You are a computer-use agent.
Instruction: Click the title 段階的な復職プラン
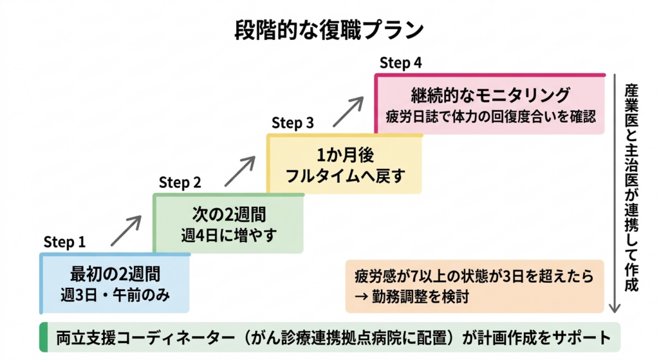click(329, 30)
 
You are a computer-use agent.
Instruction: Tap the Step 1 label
click(64, 243)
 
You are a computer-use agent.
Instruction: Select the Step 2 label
click(180, 182)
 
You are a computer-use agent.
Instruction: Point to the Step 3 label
click(293, 122)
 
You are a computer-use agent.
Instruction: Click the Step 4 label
click(400, 62)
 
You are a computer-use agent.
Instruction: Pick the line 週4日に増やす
click(229, 235)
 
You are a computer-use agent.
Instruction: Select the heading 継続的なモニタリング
click(490, 95)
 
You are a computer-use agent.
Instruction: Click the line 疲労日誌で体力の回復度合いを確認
click(490, 117)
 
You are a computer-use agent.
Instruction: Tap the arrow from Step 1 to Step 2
click(125, 231)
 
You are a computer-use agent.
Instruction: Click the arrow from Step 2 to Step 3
click(239, 171)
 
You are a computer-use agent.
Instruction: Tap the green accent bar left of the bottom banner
click(43, 337)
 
